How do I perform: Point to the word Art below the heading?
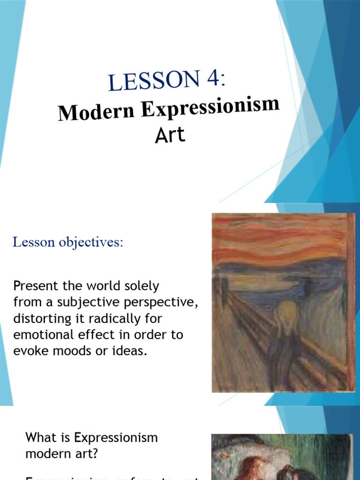pos(170,135)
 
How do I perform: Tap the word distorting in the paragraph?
pos(42,319)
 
